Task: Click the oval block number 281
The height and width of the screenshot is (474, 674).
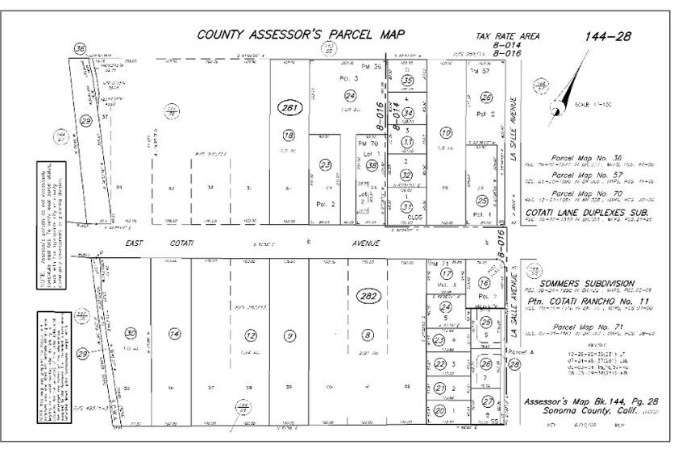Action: (x=286, y=109)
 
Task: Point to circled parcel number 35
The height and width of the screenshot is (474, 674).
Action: (x=408, y=81)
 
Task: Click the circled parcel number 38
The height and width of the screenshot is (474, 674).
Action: (x=372, y=165)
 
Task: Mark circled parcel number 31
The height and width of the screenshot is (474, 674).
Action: (x=407, y=206)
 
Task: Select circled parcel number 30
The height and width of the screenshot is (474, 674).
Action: (x=131, y=334)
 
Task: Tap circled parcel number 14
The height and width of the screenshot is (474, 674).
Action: (x=173, y=335)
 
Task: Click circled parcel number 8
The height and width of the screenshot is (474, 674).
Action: (x=368, y=335)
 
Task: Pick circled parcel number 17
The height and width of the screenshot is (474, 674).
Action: (x=446, y=274)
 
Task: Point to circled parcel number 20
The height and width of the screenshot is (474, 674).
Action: (x=439, y=410)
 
